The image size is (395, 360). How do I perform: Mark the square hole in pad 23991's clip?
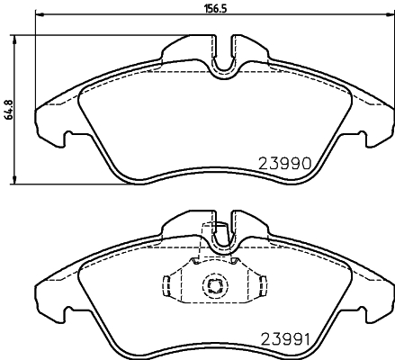point(215,287)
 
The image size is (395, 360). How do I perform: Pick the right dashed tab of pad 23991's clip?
point(262,287)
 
